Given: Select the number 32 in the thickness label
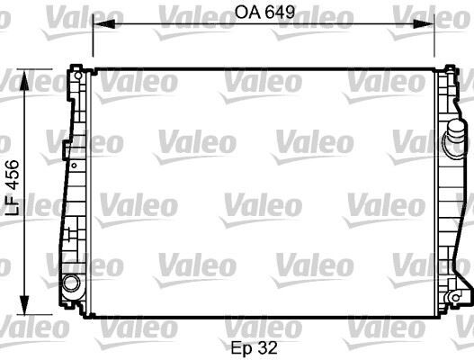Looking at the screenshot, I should click(x=267, y=345).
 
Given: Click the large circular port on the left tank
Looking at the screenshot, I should click(x=70, y=284).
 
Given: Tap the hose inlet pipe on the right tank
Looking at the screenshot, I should click(x=456, y=144).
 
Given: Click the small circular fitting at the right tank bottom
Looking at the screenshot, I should click(x=456, y=294).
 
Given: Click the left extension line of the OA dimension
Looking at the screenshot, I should click(x=93, y=40).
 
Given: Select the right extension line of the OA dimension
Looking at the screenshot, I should click(x=435, y=40).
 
